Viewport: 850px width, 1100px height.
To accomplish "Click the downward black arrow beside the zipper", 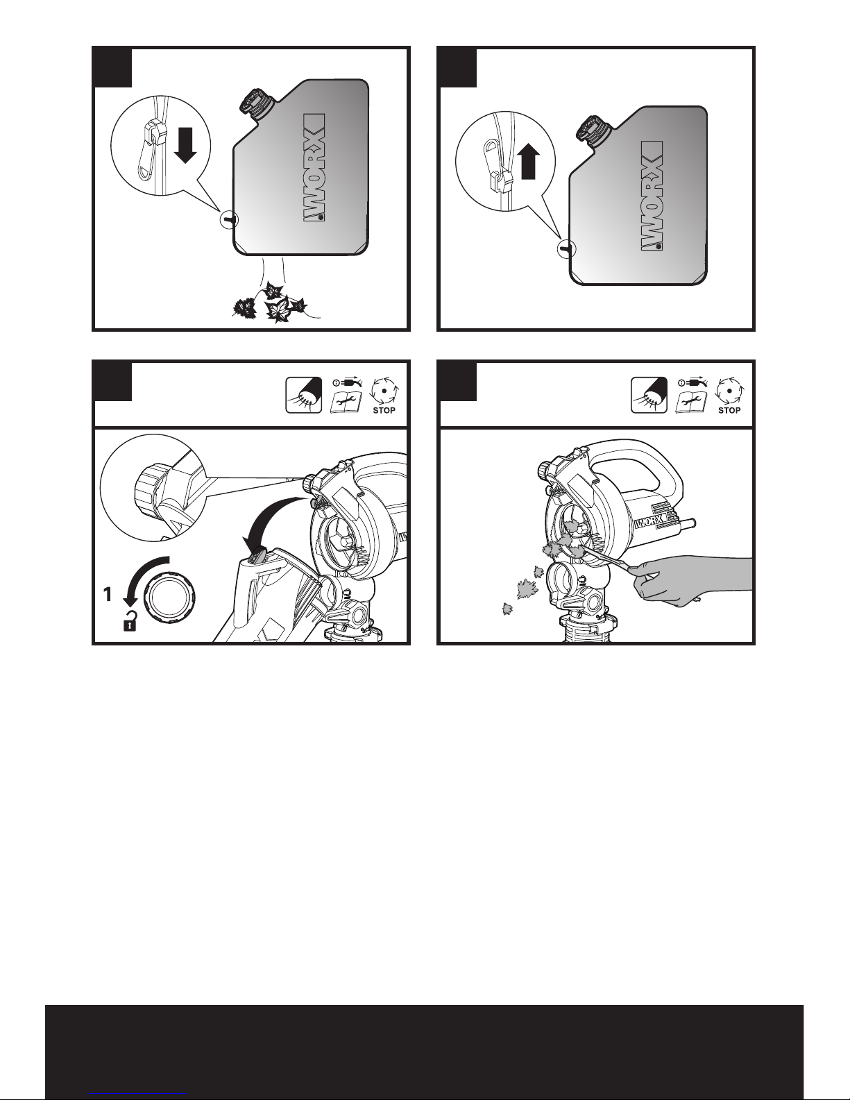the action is pos(186,145).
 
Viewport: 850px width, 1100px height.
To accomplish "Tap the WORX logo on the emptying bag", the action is pos(314,167).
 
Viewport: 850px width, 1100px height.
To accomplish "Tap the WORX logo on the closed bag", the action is pos(652,196).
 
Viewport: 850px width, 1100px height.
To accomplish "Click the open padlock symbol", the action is pos(130,621).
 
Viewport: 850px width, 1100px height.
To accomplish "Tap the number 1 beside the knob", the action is pos(108,594).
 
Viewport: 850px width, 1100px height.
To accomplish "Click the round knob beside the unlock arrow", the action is pos(169,600).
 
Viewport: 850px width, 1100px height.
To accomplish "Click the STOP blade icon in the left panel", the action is pos(384,396).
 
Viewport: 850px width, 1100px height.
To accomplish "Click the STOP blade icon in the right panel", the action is pos(729,396).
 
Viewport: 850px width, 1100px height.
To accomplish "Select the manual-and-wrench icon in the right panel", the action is pos(691,396).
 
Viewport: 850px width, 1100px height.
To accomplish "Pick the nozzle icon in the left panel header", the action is pos(304,395).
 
